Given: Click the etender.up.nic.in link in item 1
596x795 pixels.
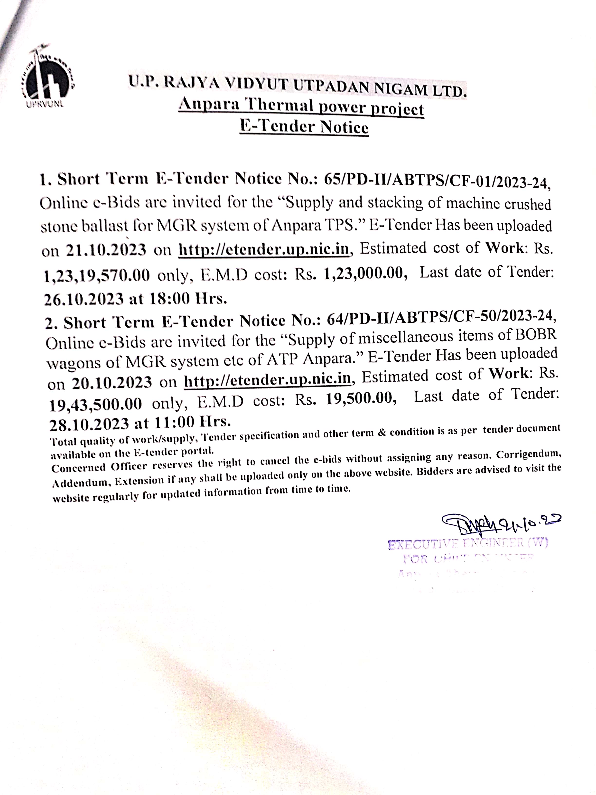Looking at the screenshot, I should coord(264,249).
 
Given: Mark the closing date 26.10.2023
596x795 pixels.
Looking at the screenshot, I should coord(84,299).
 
